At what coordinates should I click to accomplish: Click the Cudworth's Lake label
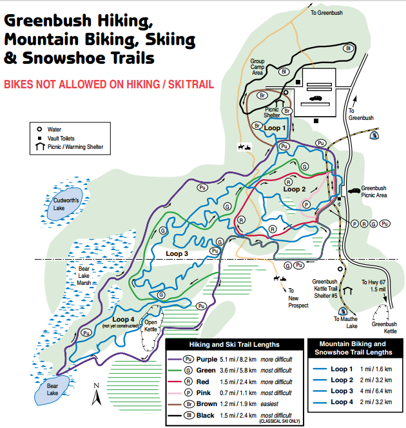[65, 204]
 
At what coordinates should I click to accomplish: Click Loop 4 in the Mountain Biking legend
[342, 402]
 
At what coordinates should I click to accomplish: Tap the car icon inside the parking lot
[316, 98]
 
